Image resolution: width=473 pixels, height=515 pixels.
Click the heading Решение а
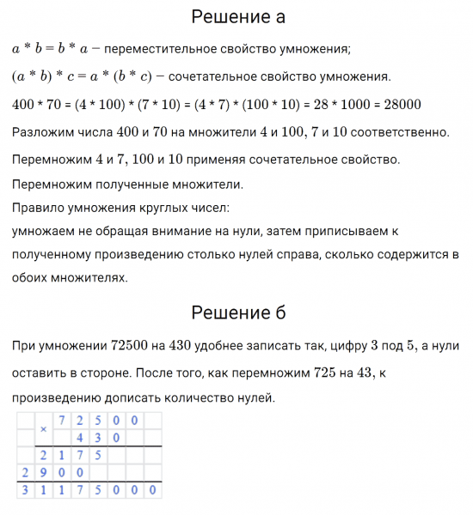tap(238, 16)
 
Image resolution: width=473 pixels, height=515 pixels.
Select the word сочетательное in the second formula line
tap(210, 76)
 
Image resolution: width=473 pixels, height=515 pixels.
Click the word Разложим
tap(41, 132)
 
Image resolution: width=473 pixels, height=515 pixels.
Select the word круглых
tap(159, 208)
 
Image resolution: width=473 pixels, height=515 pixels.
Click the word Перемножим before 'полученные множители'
tap(49, 184)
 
